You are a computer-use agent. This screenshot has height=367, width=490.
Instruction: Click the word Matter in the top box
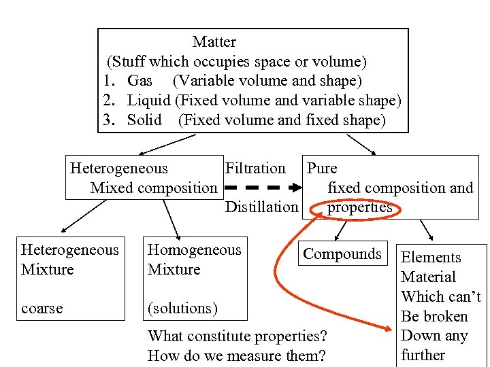coord(214,42)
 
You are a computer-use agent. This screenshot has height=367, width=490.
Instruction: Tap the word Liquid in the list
coord(149,101)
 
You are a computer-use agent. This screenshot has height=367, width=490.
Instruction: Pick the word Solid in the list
coord(144,120)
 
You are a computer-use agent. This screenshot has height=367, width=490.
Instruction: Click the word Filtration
coord(255,168)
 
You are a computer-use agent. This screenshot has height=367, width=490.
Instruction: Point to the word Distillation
coord(261,207)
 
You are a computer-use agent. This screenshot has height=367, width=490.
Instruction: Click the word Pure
coord(322,168)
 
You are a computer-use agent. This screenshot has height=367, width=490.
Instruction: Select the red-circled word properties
coord(359,207)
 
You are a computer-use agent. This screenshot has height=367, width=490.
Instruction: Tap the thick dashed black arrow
coord(262,188)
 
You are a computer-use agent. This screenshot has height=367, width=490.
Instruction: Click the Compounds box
coord(342,254)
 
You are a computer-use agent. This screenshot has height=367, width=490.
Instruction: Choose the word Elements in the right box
coord(431,257)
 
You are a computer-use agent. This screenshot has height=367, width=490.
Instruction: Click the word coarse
coord(42,308)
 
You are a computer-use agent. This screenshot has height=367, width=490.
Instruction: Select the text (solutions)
coord(182,308)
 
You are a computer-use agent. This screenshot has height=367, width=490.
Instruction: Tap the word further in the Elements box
coord(423,355)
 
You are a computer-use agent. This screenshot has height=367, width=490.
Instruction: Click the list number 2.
coord(109,101)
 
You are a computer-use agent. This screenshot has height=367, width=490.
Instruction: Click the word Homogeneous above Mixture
coord(195,249)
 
